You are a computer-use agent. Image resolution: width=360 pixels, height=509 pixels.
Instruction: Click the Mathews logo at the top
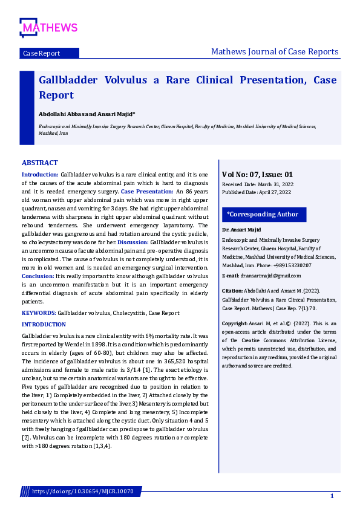48,27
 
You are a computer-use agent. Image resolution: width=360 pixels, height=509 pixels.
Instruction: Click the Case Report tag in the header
41,53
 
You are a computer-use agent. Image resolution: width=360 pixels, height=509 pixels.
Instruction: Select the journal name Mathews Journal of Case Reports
275,51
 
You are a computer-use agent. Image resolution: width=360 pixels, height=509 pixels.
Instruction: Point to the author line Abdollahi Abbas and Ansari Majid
87,114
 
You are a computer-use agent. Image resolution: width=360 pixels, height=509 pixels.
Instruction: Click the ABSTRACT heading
40,163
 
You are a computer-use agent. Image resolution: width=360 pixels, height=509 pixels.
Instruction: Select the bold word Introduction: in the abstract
40,174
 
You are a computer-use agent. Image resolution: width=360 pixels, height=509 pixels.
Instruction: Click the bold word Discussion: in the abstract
133,242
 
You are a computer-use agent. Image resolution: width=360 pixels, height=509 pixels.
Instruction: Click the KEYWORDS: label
39,313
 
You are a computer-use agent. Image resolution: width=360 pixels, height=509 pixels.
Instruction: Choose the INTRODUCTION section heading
44,325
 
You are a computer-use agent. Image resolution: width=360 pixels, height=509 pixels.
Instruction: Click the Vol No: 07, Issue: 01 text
258,174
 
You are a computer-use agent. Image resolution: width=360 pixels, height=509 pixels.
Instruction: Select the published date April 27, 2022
276,192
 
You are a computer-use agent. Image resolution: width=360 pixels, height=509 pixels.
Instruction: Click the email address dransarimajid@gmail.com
267,275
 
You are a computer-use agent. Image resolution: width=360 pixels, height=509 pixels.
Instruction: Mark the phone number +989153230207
294,265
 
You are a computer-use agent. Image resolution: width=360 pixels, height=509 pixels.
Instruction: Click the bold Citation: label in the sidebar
234,291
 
